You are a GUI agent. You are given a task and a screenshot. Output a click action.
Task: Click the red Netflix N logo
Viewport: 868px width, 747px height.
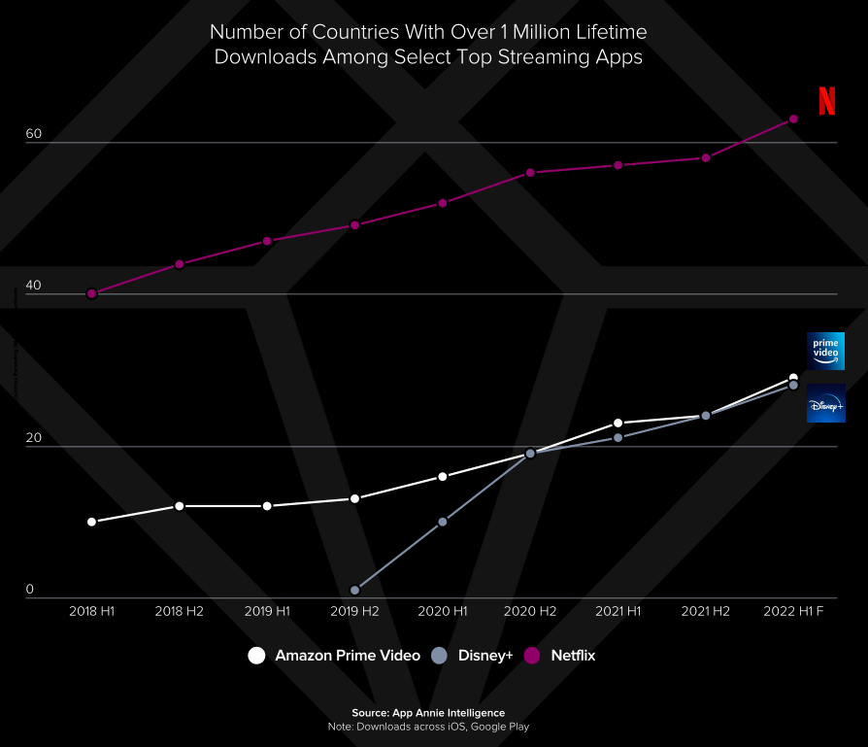pos(826,101)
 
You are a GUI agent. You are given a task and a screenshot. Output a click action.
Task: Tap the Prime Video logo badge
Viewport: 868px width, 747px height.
pos(826,351)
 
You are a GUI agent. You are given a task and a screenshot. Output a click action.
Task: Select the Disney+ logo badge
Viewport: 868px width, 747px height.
pos(826,404)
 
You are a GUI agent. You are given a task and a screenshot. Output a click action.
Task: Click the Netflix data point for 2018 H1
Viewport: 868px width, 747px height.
pos(92,293)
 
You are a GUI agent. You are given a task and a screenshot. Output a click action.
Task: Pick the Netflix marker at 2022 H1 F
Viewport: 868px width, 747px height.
pos(793,119)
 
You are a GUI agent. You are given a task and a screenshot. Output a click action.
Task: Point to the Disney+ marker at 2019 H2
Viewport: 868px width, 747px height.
pos(354,590)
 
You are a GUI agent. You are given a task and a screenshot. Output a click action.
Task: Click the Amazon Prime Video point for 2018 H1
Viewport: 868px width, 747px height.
pos(92,522)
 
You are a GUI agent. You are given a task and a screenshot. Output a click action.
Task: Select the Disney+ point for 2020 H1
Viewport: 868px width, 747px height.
pos(443,522)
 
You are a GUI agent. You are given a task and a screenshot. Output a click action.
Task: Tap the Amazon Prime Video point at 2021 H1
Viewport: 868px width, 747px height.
pos(618,423)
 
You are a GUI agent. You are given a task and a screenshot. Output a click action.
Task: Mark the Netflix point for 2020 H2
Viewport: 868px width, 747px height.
pos(530,173)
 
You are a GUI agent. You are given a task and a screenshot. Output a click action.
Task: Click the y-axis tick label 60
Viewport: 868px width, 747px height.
pos(34,134)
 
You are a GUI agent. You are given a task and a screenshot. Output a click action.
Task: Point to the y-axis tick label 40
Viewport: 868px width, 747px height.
pos(34,286)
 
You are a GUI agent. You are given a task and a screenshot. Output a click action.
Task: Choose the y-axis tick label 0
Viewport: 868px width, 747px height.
pos(30,589)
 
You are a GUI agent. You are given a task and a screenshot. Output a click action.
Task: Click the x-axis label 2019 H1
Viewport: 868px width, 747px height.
pos(267,612)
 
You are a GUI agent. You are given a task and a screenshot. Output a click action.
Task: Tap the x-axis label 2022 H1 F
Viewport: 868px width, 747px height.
pos(792,612)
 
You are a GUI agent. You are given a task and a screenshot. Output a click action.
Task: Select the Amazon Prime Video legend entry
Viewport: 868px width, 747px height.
pos(335,656)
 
